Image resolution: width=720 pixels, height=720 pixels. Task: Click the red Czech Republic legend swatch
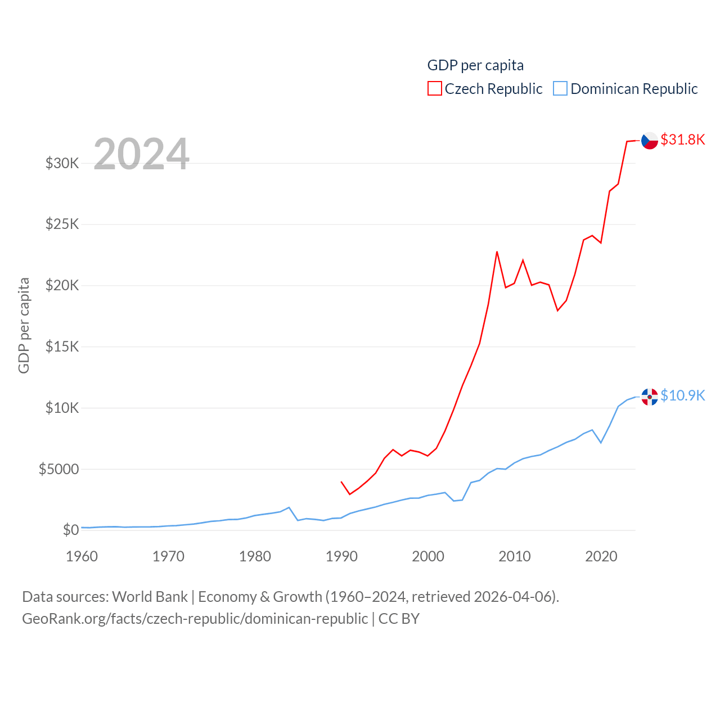pyautogui.click(x=435, y=89)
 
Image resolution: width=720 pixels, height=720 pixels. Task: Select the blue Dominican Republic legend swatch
pyautogui.click(x=560, y=89)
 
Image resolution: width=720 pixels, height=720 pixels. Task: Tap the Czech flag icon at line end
pyautogui.click(x=650, y=141)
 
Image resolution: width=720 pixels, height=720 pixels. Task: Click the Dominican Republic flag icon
pyautogui.click(x=650, y=397)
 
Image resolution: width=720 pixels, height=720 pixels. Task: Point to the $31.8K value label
pyautogui.click(x=683, y=139)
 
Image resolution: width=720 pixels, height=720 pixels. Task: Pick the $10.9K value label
pyautogui.click(x=683, y=395)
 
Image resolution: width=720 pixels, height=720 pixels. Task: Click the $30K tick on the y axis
pyautogui.click(x=62, y=163)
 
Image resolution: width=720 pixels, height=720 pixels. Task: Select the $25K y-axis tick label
pyautogui.click(x=62, y=224)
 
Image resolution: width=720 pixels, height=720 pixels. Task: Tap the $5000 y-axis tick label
pyautogui.click(x=58, y=469)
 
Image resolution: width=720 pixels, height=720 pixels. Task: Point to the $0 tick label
pyautogui.click(x=71, y=530)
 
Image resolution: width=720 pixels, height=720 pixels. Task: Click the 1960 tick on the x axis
pyautogui.click(x=82, y=556)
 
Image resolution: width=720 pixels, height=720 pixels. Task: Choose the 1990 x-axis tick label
pyautogui.click(x=341, y=556)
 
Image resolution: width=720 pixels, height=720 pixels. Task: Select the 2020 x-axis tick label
pyautogui.click(x=601, y=556)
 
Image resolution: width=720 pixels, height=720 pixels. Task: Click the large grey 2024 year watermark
pyautogui.click(x=141, y=154)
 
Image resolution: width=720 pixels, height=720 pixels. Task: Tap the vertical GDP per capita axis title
pyautogui.click(x=24, y=325)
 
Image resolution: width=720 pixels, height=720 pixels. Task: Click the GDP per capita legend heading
pyautogui.click(x=475, y=65)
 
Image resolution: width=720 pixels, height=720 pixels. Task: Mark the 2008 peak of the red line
pyautogui.click(x=497, y=252)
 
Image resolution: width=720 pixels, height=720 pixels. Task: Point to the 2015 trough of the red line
pyautogui.click(x=557, y=310)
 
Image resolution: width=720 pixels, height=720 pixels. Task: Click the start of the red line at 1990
pyautogui.click(x=341, y=482)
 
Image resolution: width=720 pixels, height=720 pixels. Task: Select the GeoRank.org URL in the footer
pyautogui.click(x=195, y=619)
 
